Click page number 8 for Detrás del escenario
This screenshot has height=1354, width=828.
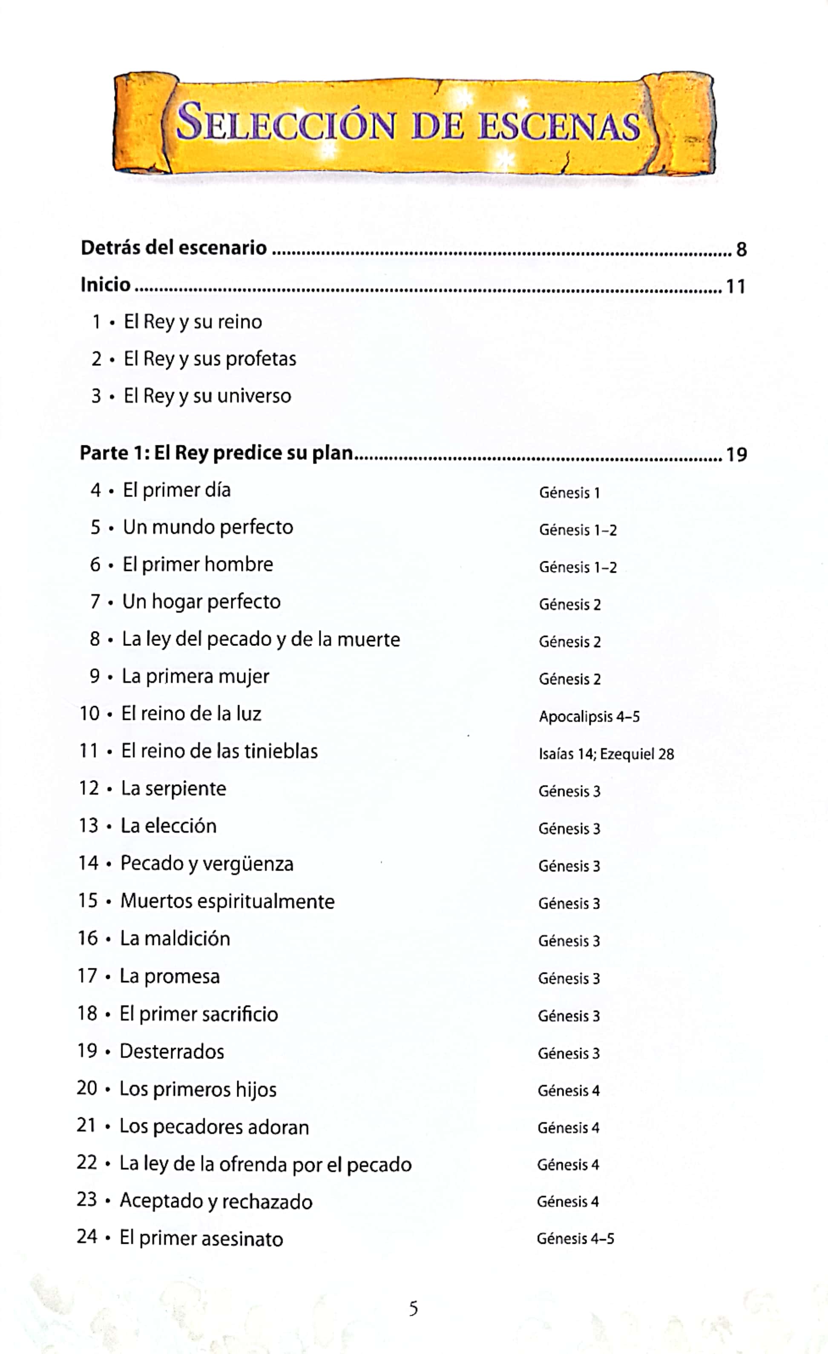[x=741, y=250]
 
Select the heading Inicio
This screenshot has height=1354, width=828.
[x=106, y=285]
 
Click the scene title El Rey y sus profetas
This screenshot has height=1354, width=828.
[x=210, y=359]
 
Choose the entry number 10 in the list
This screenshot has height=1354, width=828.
[x=89, y=714]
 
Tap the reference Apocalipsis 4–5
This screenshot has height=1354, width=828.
[x=589, y=717]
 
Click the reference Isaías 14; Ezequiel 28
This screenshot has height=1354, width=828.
[x=606, y=754]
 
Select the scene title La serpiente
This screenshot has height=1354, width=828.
[x=174, y=789]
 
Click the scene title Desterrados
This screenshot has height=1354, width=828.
[x=172, y=1051]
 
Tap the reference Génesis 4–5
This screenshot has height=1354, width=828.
[x=575, y=1239]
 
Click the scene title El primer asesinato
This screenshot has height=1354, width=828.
[x=201, y=1239]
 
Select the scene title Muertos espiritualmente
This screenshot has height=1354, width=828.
[x=227, y=901]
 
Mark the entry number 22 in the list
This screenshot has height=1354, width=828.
[x=87, y=1163]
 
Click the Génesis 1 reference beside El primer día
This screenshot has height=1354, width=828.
[x=569, y=493]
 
